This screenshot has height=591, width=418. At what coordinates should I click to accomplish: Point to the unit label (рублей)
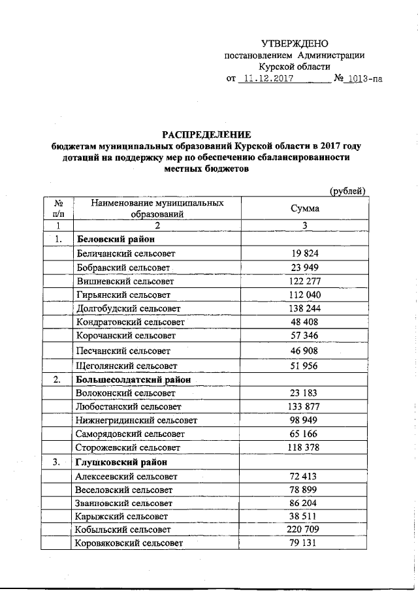click(347, 191)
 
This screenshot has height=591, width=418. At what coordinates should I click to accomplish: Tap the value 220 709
click(304, 530)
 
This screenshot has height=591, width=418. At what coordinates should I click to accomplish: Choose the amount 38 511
click(304, 516)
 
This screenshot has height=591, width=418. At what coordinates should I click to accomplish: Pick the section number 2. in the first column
click(57, 379)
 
